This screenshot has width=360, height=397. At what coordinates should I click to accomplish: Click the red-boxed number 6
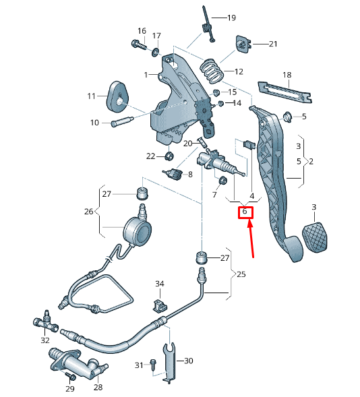pos(245,212)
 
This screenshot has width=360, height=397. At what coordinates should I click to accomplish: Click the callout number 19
pos(231,18)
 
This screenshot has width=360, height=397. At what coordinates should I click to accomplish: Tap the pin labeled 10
pos(121,122)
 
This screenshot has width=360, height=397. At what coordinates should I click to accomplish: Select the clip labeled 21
pos(242,44)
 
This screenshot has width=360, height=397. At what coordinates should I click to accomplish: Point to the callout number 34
pos(160,284)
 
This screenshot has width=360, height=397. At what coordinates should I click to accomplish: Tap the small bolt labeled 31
pos(153,365)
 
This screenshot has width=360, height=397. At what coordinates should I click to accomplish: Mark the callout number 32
pos(45,340)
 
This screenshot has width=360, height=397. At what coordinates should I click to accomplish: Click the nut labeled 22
pos(169,157)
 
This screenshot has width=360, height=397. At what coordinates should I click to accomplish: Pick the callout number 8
pos(190,175)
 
